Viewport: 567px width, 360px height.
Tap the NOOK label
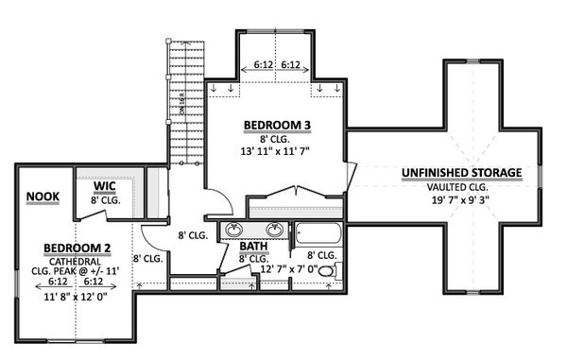pyautogui.click(x=42, y=197)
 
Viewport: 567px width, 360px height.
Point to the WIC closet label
pyautogui.click(x=104, y=186)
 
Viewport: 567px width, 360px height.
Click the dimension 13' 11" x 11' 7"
pyautogui.click(x=275, y=152)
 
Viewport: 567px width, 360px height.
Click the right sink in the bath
pyautogui.click(x=275, y=229)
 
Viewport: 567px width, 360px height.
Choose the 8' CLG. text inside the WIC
pyautogui.click(x=104, y=199)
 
